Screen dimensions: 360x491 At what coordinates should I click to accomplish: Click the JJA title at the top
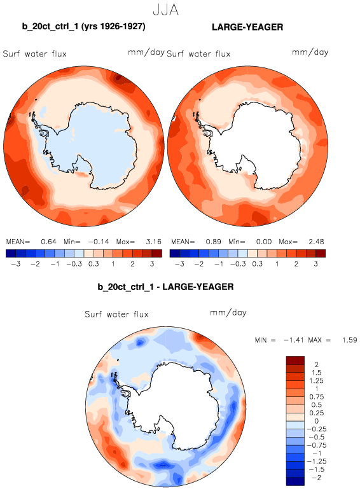(x=166, y=10)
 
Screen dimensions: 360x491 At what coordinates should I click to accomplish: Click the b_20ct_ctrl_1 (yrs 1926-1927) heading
(x=83, y=27)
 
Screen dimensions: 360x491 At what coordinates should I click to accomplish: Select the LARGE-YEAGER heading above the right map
(x=247, y=27)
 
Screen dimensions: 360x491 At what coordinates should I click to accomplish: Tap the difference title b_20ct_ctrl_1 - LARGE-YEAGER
(x=165, y=287)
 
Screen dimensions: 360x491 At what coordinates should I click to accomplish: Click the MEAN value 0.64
(x=48, y=242)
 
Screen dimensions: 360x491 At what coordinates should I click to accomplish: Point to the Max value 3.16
(x=154, y=242)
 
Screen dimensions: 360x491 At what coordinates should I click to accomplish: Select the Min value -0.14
(x=99, y=242)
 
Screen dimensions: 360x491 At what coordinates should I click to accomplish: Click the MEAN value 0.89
(x=213, y=242)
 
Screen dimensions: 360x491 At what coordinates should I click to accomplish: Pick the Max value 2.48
(x=316, y=242)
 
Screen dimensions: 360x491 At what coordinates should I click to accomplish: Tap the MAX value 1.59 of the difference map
(x=350, y=340)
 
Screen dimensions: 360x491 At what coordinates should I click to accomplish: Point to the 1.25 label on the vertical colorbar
(x=317, y=381)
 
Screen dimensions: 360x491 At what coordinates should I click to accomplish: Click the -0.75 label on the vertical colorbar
(x=316, y=445)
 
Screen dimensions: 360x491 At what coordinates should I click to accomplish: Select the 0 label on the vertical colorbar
(x=317, y=421)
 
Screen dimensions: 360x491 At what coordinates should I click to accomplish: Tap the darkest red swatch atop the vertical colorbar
(x=295, y=361)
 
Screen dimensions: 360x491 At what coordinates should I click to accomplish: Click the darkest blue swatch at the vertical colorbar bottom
(x=295, y=481)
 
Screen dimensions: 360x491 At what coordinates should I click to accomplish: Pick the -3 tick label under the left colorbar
(x=16, y=264)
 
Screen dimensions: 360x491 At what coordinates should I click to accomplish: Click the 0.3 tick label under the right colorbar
(x=258, y=264)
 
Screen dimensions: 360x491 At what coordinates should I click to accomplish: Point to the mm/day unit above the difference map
(x=228, y=313)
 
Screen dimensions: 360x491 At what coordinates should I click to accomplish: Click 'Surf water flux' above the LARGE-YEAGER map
(x=198, y=54)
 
